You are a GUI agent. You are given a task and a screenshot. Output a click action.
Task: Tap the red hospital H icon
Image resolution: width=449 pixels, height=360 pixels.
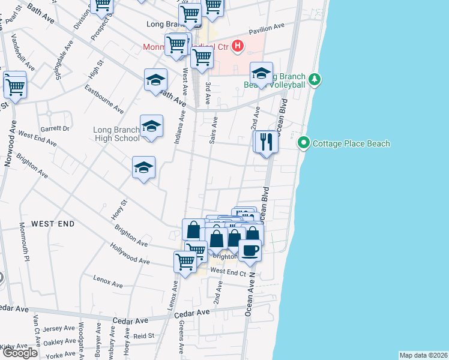click(238, 46)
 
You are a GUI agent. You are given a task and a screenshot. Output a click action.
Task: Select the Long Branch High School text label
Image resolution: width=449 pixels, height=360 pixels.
click(116, 134)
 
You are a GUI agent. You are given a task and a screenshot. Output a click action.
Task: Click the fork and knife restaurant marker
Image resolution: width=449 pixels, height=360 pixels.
click(266, 142)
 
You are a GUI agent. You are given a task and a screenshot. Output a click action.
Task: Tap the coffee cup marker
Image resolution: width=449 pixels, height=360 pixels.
click(250, 250)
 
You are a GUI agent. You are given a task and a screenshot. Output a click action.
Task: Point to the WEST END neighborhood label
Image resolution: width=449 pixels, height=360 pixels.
click(53, 224)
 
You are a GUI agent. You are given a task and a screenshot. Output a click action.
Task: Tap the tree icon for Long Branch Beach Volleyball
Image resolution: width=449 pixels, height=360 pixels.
click(314, 79)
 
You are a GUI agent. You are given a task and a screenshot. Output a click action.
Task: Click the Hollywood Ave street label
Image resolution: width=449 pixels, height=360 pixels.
click(130, 254)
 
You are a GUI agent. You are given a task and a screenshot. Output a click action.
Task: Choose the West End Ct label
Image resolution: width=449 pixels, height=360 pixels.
click(229, 272)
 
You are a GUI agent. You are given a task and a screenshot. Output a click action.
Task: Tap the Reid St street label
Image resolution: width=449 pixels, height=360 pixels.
click(144, 336)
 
